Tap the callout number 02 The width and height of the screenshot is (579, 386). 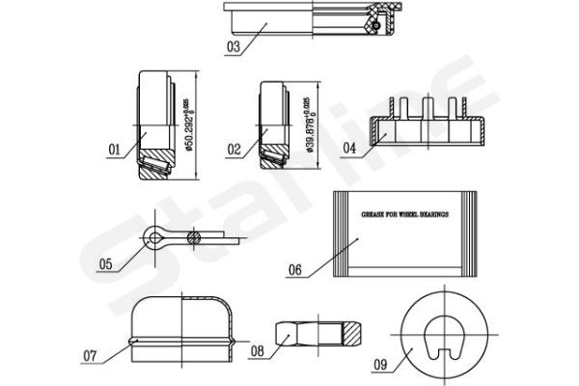pos(234,150)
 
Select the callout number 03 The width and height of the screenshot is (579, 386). pos(234,45)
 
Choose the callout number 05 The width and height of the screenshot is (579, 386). pos(105,262)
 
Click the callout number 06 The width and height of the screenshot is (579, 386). pos(295,270)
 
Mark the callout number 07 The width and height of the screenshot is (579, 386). pos(90,355)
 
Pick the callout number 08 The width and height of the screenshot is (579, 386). pos(258,351)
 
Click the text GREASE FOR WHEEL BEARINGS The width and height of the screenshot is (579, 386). pos(404,215)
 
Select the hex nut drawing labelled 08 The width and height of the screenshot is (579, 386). pos(318,333)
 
